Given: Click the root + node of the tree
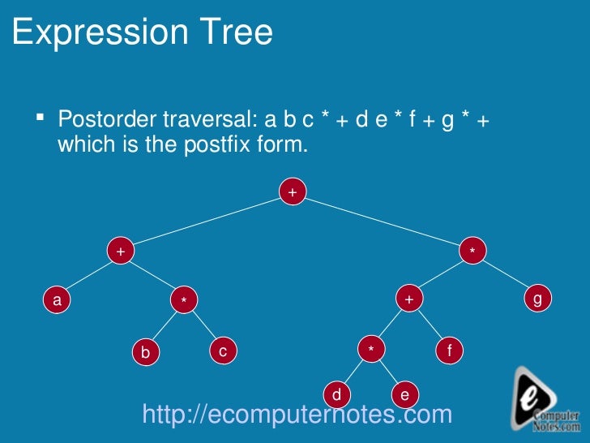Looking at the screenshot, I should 293,192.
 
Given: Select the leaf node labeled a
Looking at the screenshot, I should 56,300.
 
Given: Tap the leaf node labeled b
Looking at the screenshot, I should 145,352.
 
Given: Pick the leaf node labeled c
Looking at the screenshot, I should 222,351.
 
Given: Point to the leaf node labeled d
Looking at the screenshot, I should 336,395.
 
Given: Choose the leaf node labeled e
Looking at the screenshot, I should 404,395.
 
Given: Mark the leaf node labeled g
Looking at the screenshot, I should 537,299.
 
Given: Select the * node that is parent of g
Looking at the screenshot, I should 472,252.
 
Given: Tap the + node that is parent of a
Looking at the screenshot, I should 120,252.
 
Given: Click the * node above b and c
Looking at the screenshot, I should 184,300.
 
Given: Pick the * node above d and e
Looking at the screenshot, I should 370,350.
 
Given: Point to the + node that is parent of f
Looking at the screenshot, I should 409,299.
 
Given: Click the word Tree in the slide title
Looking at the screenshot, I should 233,33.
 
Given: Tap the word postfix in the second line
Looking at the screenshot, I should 218,145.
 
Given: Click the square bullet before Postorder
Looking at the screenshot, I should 40,118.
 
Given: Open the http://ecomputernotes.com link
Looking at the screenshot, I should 297,415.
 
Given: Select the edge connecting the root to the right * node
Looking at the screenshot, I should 381,221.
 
